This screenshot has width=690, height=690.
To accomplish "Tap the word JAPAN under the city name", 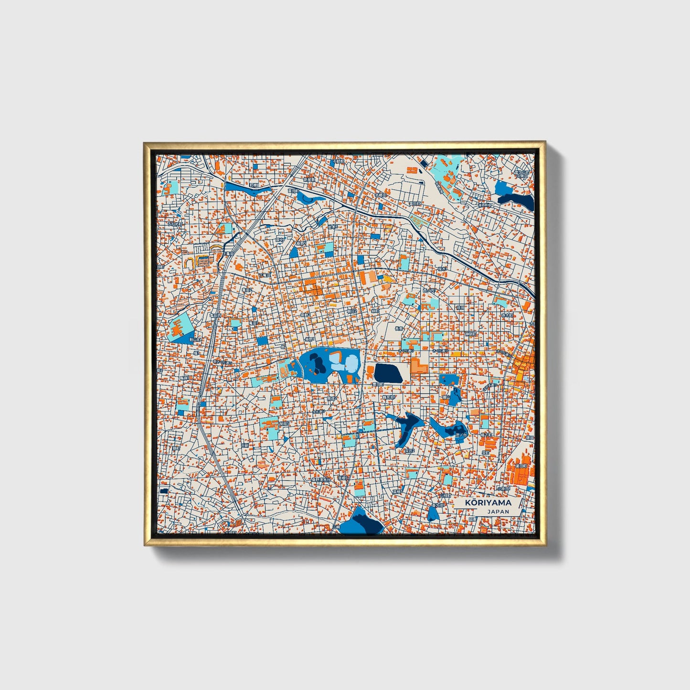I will tap(498, 511).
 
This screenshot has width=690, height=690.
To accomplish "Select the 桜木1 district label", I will tap(442, 269).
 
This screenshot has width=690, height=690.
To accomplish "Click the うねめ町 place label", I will tap(174, 223).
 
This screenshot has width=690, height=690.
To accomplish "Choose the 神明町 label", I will tap(471, 334).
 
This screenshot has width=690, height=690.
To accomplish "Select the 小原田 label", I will tap(515, 489).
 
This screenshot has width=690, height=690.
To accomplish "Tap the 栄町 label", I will tap(486, 451).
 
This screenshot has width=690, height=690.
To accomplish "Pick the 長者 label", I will tap(399, 329).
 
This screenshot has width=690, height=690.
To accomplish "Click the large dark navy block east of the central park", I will tap(388, 373).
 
